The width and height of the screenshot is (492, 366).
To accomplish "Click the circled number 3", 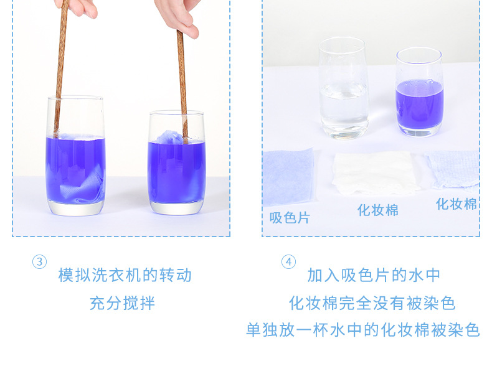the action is tap(39, 262).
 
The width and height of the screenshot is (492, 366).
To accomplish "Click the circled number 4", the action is tap(288, 262).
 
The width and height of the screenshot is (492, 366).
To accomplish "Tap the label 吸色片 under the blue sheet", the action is tap(290, 217).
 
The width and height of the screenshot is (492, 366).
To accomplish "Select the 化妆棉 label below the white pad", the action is tap(378, 210).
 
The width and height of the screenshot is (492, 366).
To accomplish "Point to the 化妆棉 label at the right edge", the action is tap(457, 204).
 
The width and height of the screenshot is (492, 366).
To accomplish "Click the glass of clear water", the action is tap(344, 88).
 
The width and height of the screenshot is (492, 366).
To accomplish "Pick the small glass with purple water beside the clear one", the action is tap(420, 92).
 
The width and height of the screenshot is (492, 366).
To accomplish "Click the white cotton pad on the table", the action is tap(375, 174).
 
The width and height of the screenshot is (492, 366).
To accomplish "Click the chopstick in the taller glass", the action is tap(60, 69).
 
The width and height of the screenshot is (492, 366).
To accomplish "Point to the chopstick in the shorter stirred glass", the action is tap(182, 87).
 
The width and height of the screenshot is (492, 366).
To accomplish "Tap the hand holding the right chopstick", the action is tap(179, 16).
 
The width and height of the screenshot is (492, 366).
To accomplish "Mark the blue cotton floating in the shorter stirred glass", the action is tap(170, 138).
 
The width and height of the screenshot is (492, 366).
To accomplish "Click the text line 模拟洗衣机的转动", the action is tap(125, 275).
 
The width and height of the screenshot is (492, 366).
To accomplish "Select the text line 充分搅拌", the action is tap(122, 303).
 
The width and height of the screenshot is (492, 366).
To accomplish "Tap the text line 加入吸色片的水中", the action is tap(374, 275).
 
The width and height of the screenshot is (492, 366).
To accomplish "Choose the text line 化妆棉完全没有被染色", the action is tap(372, 303).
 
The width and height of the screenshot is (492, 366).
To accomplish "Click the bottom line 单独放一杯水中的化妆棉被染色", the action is tap(362, 330).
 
